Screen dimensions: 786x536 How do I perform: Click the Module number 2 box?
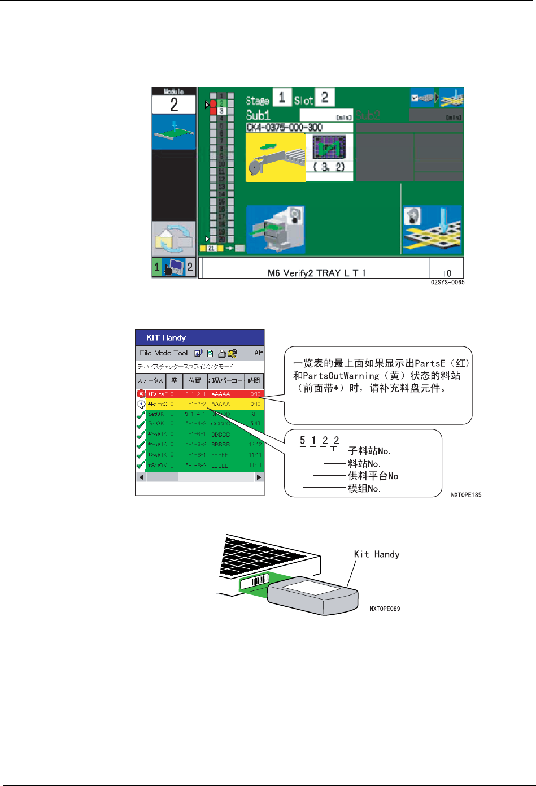tap(174, 105)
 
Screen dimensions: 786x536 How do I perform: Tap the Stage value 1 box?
tap(282, 97)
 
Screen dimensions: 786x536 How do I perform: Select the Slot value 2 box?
tap(324, 97)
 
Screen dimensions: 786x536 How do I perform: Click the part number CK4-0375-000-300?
tap(284, 128)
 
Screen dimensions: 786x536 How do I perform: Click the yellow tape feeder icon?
tap(276, 158)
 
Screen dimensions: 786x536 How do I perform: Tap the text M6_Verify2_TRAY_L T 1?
tap(316, 273)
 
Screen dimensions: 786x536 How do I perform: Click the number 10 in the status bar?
tap(446, 273)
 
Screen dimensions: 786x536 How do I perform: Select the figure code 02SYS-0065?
tap(447, 282)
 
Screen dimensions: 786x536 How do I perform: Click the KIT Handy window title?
tap(166, 337)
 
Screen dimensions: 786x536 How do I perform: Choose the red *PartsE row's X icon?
tap(141, 394)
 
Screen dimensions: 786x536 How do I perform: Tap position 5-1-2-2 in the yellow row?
tap(195, 404)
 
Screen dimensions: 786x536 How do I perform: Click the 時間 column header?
tap(254, 381)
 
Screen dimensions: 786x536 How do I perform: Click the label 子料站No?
tap(369, 451)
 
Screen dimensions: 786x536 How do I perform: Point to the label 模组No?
tap(364, 488)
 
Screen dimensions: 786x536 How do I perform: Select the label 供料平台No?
tap(374, 476)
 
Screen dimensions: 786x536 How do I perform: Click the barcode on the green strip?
tap(260, 581)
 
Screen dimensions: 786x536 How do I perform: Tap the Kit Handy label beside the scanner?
tap(377, 554)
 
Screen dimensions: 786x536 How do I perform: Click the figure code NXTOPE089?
tap(385, 609)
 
